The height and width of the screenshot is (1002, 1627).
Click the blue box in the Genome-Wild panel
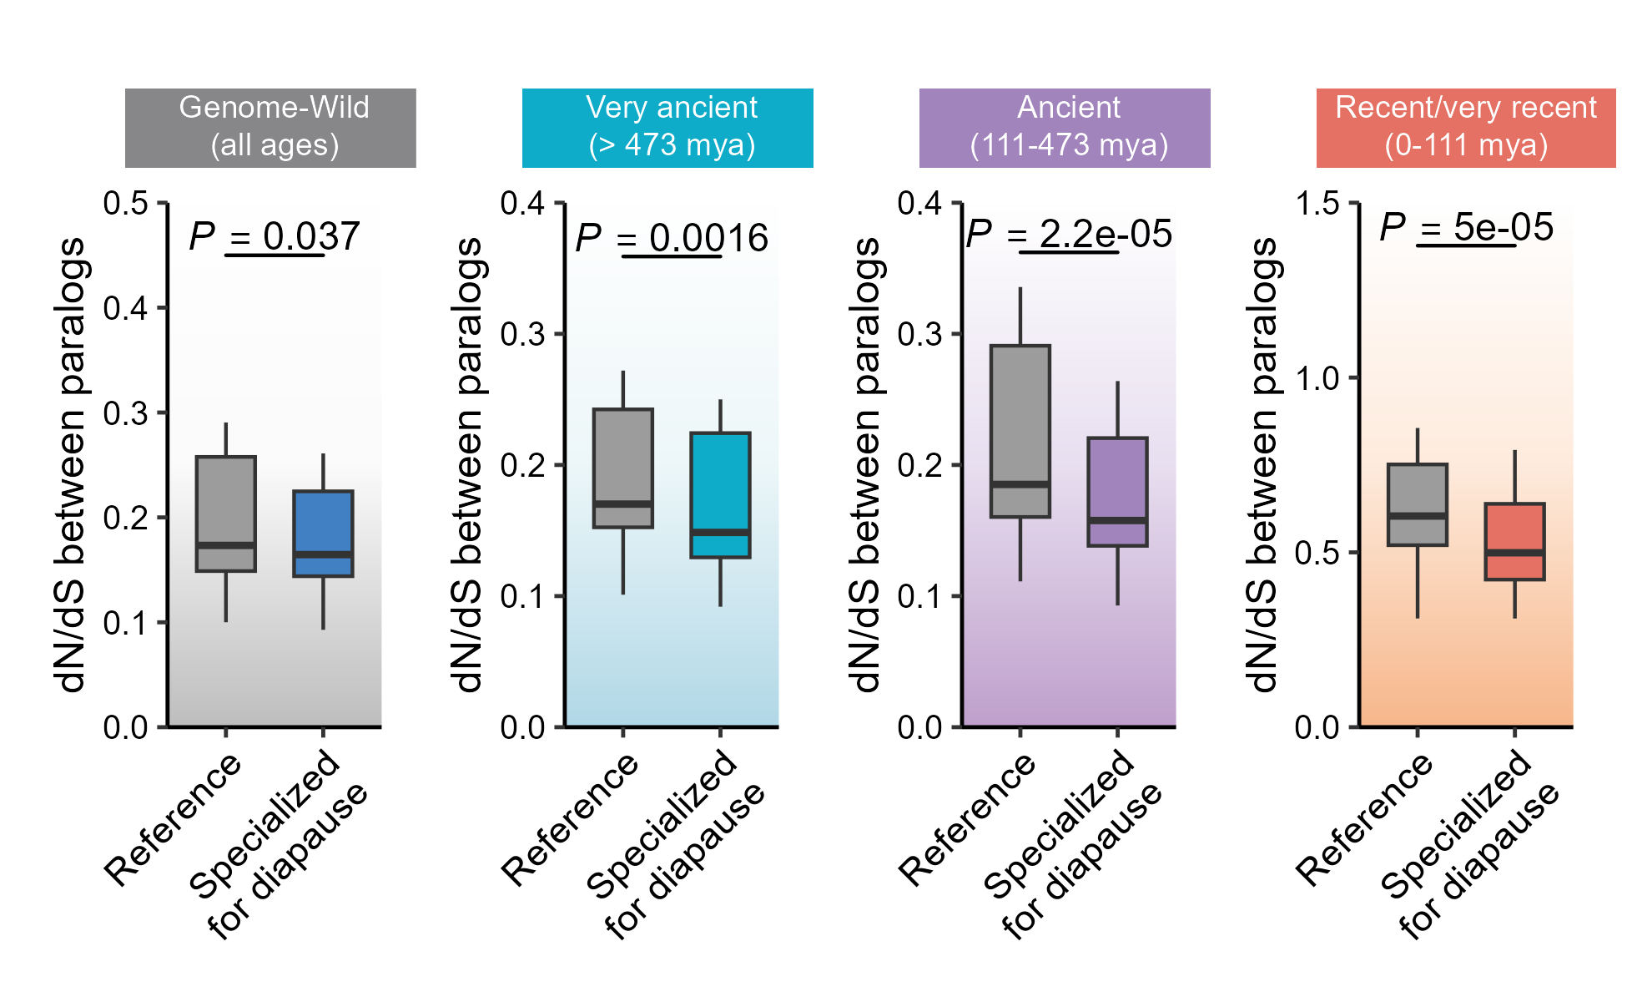pos(323,533)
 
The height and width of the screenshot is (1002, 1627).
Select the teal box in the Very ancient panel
pos(720,494)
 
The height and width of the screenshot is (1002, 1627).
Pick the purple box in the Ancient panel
pos(1117,491)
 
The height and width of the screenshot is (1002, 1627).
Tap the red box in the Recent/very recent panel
pos(1514,541)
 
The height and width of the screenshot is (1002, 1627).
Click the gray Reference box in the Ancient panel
pos(1020,431)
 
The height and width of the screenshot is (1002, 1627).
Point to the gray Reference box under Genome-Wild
pos(225,514)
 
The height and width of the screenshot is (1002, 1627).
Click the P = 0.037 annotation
pos(275,236)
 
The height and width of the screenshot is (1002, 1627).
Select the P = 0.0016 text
pos(672,238)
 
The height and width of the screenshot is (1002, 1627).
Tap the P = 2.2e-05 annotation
pos(1069,234)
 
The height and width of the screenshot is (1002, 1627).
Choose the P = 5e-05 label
pos(1466,227)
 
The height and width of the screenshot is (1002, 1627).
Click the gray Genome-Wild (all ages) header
pos(270,128)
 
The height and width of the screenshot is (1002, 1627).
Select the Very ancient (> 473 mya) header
pos(667,128)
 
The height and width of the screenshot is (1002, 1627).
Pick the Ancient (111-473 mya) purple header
pos(1065,128)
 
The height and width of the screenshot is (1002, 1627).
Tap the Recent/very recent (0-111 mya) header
pos(1466,128)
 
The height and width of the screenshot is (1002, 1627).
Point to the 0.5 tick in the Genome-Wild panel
pos(125,203)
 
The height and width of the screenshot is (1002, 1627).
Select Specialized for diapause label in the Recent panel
pos(1468,843)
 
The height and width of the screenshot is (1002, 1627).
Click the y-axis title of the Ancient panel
pos(868,465)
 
